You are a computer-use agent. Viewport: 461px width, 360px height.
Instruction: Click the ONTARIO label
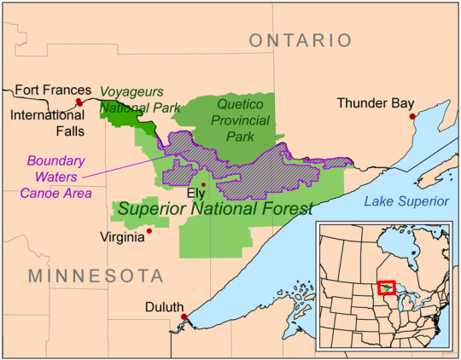pos(300,40)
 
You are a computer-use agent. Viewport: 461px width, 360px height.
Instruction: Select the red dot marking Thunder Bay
pos(412,116)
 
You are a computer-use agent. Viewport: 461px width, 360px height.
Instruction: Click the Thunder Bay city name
pos(375,103)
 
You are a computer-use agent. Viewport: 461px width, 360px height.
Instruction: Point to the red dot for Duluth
pos(184,317)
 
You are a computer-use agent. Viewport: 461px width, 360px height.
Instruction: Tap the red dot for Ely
pos(203,184)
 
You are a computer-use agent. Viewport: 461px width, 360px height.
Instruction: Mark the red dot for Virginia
pos(149,229)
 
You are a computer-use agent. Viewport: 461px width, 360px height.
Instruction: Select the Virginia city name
pos(121,236)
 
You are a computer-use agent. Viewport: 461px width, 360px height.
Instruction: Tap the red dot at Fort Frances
pos(79,102)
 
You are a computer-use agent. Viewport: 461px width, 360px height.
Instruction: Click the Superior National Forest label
pos(215,209)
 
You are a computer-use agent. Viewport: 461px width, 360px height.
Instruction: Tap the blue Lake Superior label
pos(406,201)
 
